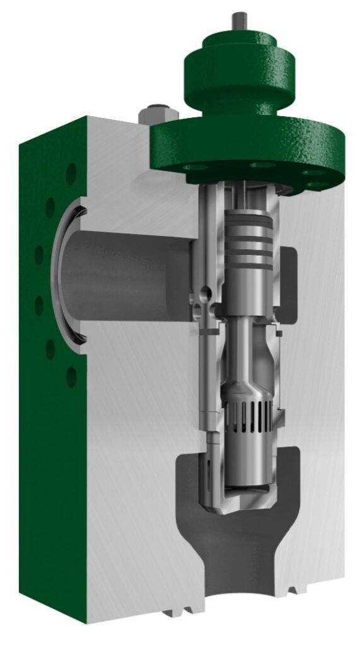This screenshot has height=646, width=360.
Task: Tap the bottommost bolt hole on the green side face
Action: click(x=71, y=377)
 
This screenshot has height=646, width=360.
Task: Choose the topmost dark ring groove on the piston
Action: click(x=248, y=221)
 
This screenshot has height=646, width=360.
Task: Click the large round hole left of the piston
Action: click(x=202, y=294)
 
